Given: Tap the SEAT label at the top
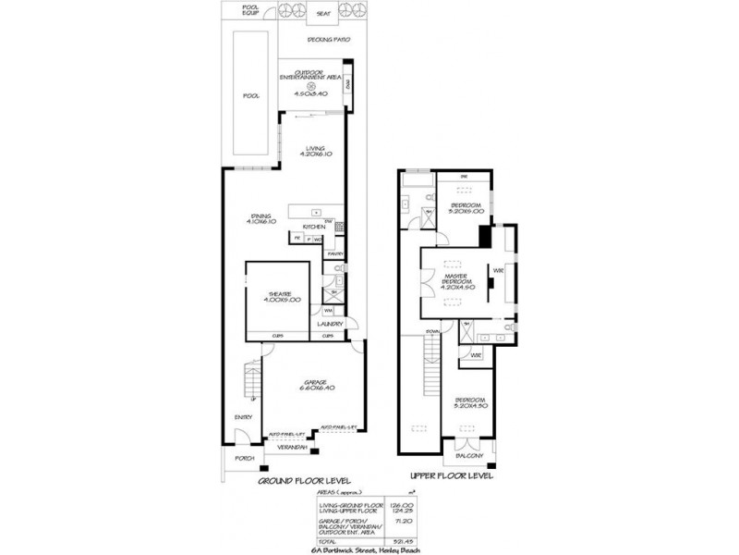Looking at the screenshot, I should tap(323, 15).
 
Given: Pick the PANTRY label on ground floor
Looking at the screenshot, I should tap(335, 253).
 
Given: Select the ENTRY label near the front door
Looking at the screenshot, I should tap(244, 417).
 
